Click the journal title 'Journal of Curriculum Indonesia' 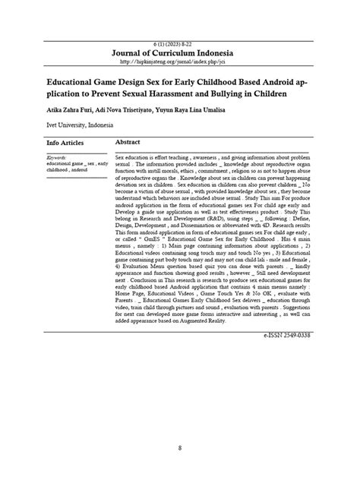[x=179, y=53]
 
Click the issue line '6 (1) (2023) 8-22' [x=179, y=43]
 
